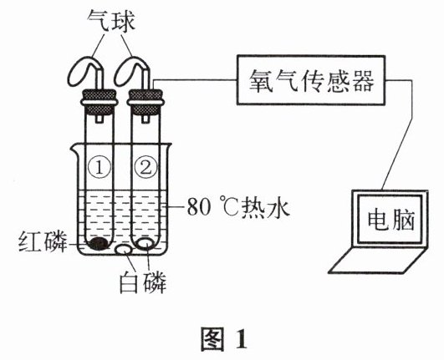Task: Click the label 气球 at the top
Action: click(x=110, y=20)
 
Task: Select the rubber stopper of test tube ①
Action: click(x=100, y=102)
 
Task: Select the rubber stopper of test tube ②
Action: click(x=145, y=102)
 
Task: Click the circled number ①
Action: click(x=100, y=167)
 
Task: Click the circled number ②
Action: click(x=145, y=167)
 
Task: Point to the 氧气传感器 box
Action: click(x=311, y=80)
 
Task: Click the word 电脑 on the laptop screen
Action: click(x=391, y=220)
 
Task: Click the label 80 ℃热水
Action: click(x=238, y=208)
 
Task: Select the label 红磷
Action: click(x=43, y=241)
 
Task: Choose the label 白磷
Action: click(x=142, y=282)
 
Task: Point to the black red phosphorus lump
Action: click(x=98, y=244)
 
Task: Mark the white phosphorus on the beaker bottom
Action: click(x=124, y=250)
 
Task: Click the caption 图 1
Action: click(x=224, y=339)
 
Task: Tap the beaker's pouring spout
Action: click(x=74, y=148)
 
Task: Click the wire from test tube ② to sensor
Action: click(x=196, y=80)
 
